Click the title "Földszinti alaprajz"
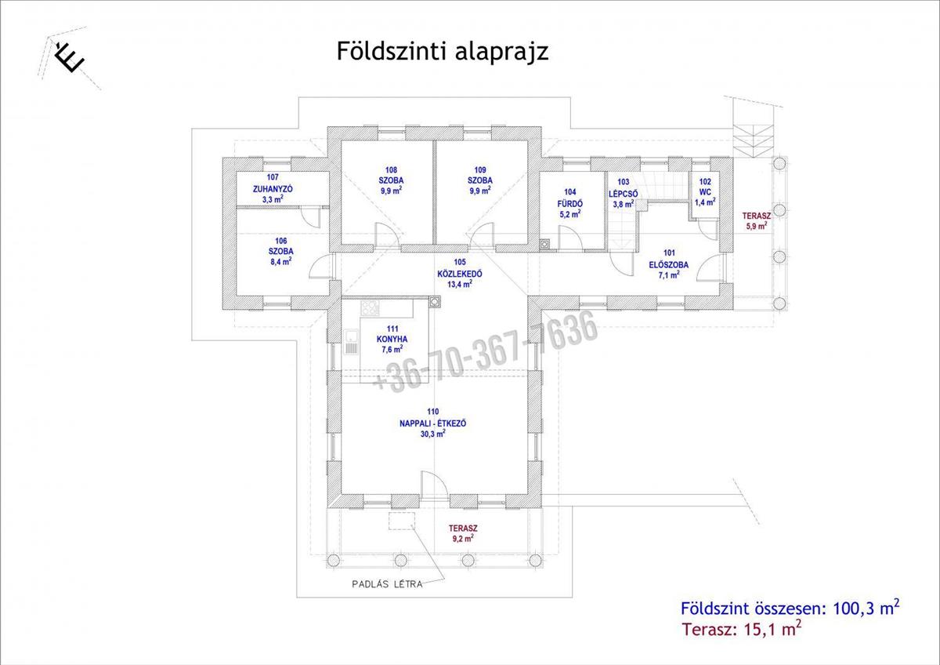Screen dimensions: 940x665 click(x=443, y=52)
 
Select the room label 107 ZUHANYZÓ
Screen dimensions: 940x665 click(x=273, y=188)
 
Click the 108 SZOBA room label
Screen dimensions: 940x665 click(x=391, y=180)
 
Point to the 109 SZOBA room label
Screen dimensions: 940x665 click(x=480, y=180)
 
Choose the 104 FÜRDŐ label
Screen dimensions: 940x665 click(x=570, y=203)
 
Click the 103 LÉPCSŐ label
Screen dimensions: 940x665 click(x=624, y=193)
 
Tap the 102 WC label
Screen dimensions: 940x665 click(x=705, y=192)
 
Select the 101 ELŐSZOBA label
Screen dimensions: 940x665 click(x=669, y=264)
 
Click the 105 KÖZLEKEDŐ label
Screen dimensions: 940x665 click(x=460, y=273)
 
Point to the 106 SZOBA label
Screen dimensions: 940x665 click(x=281, y=251)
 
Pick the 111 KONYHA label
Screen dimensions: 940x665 click(x=392, y=339)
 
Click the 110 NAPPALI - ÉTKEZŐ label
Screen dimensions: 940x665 click(x=432, y=423)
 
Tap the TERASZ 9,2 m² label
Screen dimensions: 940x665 click(x=463, y=533)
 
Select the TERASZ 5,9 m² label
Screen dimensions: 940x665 click(x=757, y=221)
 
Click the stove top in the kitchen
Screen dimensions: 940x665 click(x=370, y=307)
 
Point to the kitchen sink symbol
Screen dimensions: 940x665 click(x=351, y=342)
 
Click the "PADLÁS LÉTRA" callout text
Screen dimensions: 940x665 click(x=387, y=584)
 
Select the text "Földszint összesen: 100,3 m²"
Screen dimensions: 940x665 click(x=790, y=608)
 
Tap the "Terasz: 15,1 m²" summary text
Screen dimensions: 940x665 click(x=742, y=629)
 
